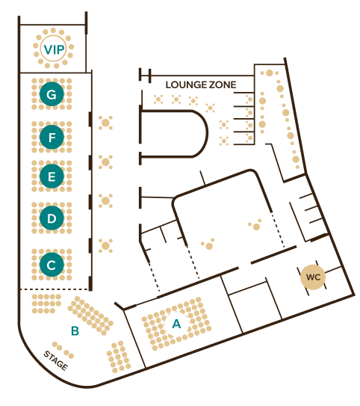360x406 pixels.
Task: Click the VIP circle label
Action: (x=54, y=49)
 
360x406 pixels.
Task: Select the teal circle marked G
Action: (x=52, y=94)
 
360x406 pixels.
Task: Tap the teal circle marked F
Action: (x=52, y=137)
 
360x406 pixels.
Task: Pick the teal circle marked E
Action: (x=52, y=176)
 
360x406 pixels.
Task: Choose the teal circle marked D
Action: (x=52, y=218)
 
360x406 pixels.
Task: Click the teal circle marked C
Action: (x=52, y=265)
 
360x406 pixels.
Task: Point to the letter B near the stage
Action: (x=75, y=330)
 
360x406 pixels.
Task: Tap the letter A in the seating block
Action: (x=176, y=324)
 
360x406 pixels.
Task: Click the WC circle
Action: (x=313, y=277)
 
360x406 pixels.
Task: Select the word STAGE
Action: (x=55, y=360)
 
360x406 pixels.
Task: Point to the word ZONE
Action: (x=223, y=84)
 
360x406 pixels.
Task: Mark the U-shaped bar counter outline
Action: (x=207, y=134)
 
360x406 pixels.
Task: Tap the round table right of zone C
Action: (x=105, y=245)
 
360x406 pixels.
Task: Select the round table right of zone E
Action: (x=105, y=162)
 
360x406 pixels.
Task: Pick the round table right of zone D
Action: (x=105, y=200)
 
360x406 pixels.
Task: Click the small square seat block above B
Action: (x=46, y=304)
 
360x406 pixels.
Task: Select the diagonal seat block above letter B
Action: (x=90, y=316)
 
